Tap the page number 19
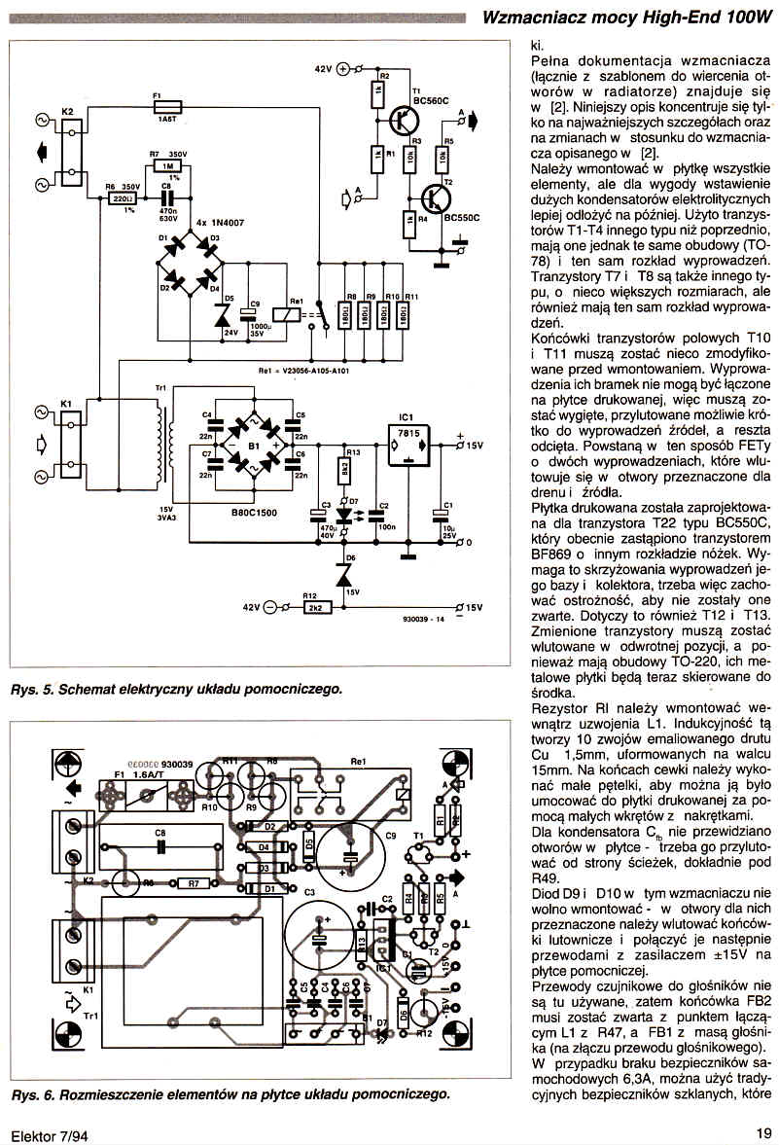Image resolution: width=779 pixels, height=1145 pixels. [763, 1132]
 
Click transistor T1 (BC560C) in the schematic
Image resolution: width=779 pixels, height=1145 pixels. [402, 120]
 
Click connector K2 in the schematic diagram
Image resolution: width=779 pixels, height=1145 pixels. [69, 153]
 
